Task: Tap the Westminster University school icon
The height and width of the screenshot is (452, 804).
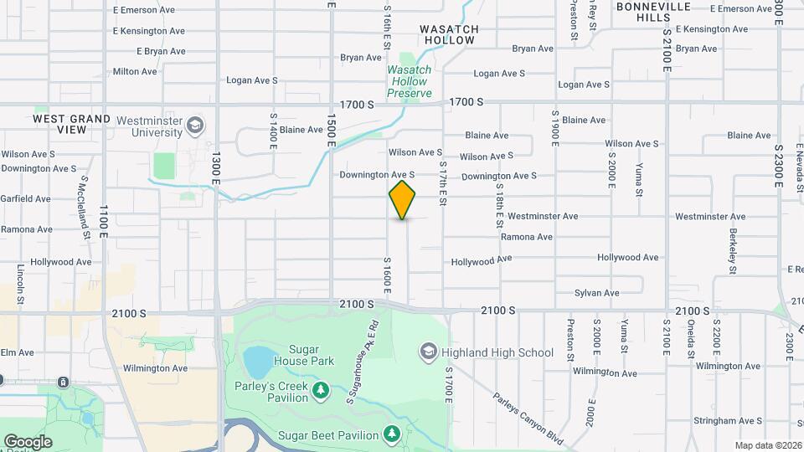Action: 195,126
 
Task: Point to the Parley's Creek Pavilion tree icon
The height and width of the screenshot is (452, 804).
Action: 319,390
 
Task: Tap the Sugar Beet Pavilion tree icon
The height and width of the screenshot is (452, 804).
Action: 391,434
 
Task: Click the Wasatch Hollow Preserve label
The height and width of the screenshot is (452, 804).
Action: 410,81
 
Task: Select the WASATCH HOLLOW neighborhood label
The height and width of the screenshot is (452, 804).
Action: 451,34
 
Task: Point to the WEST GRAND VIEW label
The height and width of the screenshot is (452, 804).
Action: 71,124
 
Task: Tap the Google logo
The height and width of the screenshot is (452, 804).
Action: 27,442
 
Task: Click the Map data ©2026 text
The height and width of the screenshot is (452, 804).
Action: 768,445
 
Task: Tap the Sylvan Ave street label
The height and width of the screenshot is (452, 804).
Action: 596,293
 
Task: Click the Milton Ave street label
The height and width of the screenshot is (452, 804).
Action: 135,72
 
